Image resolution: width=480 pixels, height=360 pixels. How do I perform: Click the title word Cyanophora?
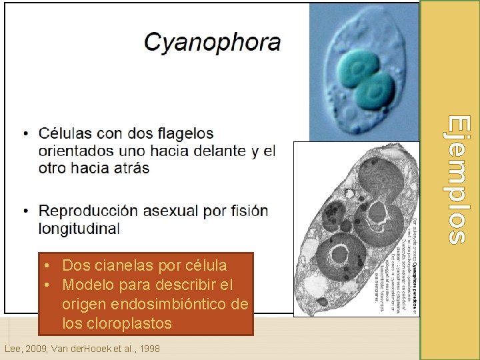click(213, 42)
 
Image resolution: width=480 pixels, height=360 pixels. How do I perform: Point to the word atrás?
click(128, 168)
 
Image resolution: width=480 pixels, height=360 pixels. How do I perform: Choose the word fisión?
click(249, 211)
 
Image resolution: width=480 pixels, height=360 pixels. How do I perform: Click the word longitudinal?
click(79, 229)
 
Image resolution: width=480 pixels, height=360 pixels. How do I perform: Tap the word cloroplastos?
click(117, 324)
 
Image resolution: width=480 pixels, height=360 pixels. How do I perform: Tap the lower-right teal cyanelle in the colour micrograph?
click(376, 91)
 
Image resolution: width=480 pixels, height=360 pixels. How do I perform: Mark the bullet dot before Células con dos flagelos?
click(26, 134)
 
